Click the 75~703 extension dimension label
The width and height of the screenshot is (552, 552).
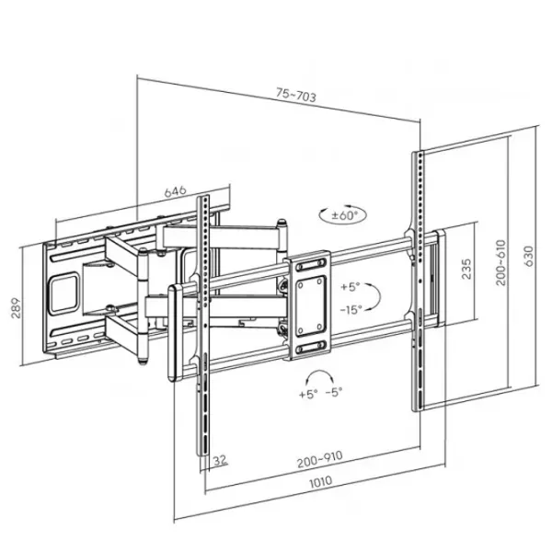click(295, 95)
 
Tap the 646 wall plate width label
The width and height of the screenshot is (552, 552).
click(175, 191)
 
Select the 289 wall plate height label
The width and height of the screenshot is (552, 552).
click(16, 308)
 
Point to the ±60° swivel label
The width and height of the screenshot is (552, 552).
click(344, 214)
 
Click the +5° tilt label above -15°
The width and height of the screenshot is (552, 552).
click(350, 287)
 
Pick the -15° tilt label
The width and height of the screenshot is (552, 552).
click(351, 310)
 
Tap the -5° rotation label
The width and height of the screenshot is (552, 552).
click(334, 392)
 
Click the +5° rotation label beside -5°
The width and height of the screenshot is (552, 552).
click(308, 394)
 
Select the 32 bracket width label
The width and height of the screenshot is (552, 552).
click(221, 460)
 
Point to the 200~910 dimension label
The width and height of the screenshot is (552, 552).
click(319, 459)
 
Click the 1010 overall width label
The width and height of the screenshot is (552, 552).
click(321, 481)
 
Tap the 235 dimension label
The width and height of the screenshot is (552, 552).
click(466, 269)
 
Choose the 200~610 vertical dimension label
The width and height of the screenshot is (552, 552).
click(500, 262)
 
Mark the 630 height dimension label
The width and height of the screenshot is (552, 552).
click(529, 256)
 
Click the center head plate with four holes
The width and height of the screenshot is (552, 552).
click(309, 305)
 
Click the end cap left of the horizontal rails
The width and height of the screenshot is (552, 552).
click(175, 333)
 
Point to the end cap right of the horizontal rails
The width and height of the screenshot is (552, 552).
click(440, 278)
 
